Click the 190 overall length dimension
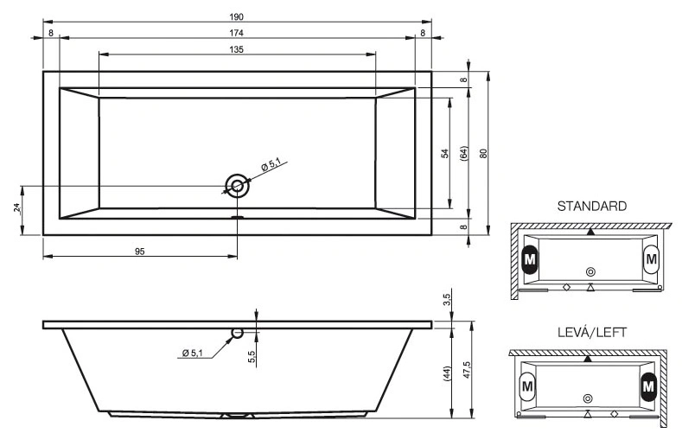click(x=237, y=16)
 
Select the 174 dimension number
click(x=237, y=33)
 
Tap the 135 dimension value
click(x=237, y=49)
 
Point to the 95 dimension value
click(x=139, y=251)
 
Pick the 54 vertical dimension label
click(x=444, y=153)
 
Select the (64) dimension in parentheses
click(x=464, y=154)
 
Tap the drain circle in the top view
click(x=237, y=185)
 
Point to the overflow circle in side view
click(x=237, y=333)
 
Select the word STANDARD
click(x=591, y=207)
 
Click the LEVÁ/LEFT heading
click(x=591, y=333)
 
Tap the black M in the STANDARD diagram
click(x=530, y=258)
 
